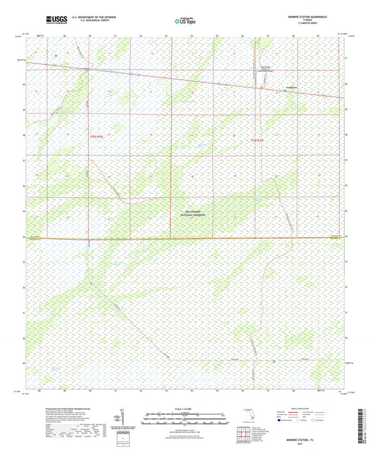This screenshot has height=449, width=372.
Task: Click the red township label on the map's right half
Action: coord(257,140)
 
